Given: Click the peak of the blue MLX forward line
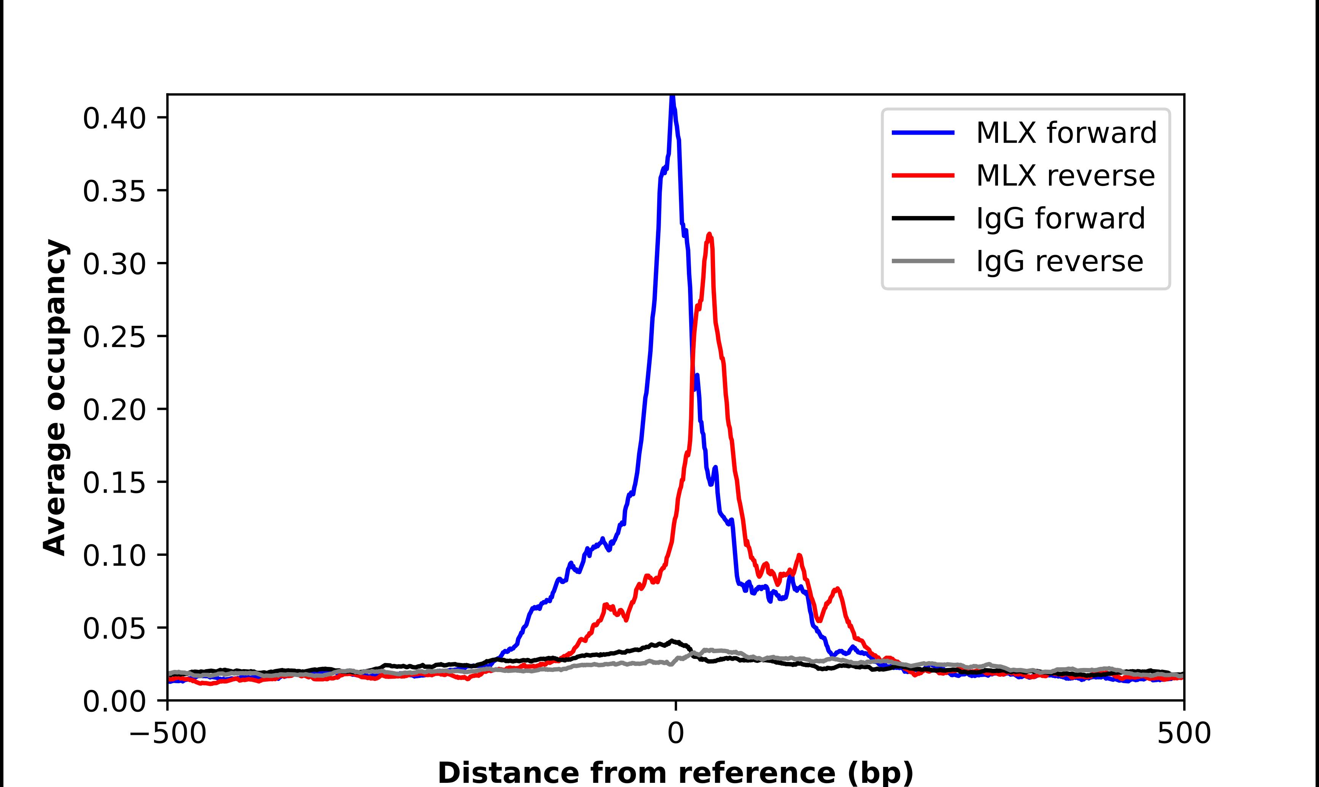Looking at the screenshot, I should coord(672,97).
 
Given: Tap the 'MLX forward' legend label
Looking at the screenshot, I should coord(1066,133).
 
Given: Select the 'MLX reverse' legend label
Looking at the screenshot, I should coord(1065,176).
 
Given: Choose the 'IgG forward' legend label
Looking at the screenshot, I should coord(1061,219).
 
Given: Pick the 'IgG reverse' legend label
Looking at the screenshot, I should coord(1060,262).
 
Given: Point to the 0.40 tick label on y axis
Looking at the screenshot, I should coord(114,118).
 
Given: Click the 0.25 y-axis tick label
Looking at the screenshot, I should coord(114,337).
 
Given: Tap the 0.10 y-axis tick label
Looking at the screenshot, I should coord(114,555).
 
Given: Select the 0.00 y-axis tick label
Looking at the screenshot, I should coord(114,701).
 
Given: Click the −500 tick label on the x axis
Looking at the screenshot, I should coord(168,733).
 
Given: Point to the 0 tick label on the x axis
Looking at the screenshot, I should coord(675,733).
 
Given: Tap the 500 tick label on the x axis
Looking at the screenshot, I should coord(1184,733).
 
